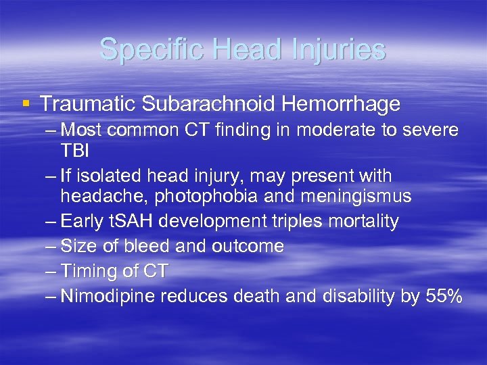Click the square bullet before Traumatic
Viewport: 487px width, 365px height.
tap(26, 103)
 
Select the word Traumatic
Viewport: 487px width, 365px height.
tap(87, 104)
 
